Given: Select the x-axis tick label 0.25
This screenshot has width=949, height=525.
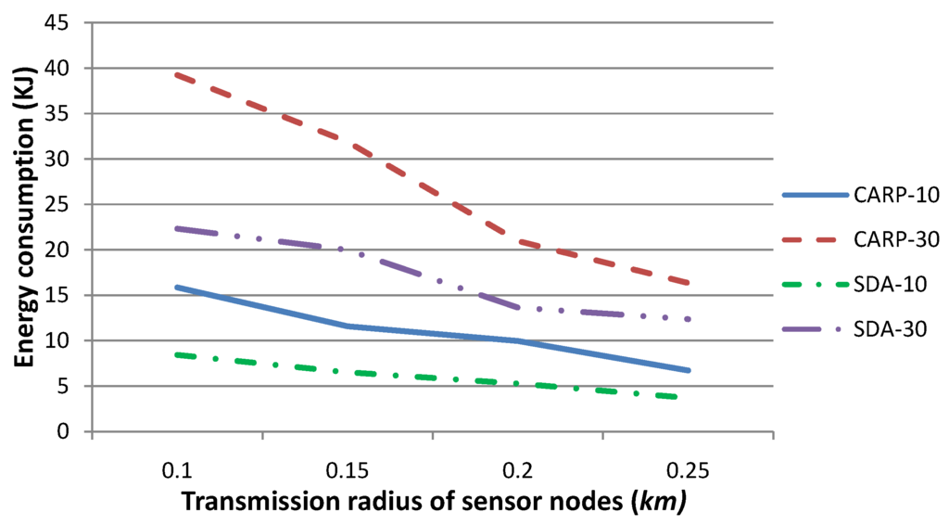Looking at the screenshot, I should click(686, 470).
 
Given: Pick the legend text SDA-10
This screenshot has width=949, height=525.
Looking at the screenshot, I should click(892, 287).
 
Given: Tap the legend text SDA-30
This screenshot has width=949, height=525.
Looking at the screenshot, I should click(892, 330).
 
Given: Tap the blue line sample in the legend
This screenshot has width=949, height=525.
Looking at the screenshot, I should click(815, 196).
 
